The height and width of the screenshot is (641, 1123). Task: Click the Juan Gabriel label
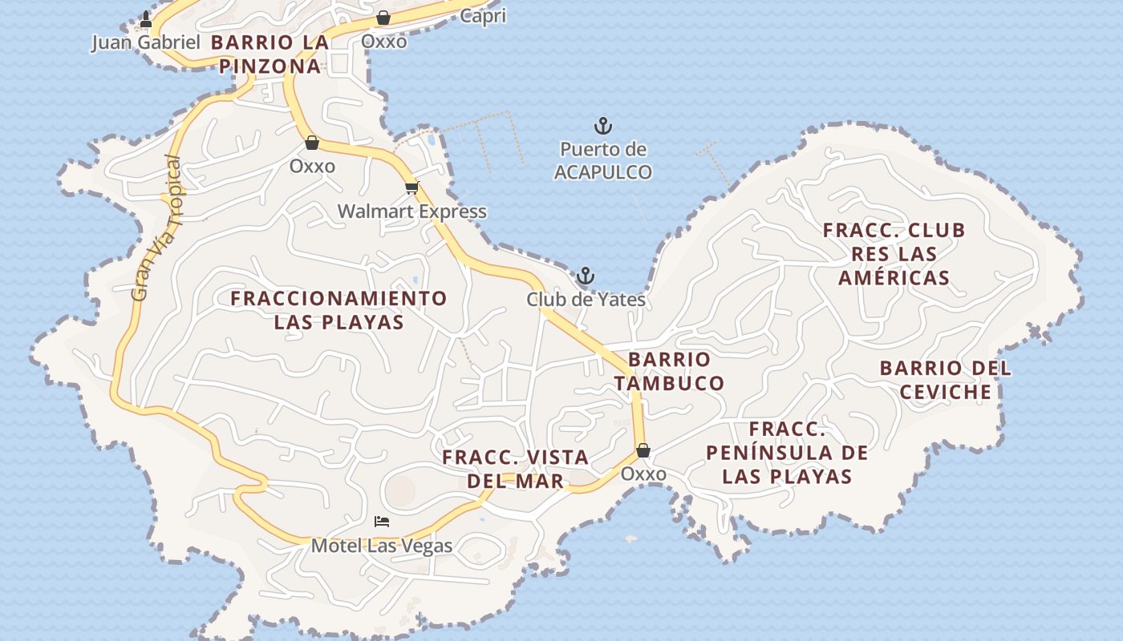point(145,42)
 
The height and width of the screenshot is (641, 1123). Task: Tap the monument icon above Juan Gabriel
point(146,18)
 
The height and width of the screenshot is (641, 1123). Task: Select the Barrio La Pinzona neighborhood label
point(270,54)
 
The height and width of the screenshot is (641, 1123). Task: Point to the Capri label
point(483,16)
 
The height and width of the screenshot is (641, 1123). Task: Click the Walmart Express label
point(411,212)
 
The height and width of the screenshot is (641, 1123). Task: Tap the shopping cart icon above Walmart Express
point(411,188)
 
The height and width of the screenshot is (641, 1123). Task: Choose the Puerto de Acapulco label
point(602,161)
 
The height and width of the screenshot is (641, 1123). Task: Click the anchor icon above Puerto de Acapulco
point(602,126)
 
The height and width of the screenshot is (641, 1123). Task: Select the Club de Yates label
point(586,300)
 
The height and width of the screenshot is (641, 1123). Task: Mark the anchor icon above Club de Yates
point(586,277)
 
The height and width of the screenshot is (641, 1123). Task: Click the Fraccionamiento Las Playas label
point(339,310)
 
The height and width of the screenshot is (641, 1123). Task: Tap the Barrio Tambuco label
point(669,371)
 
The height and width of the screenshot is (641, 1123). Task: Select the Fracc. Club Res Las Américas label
point(894,254)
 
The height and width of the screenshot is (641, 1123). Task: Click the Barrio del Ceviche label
point(945,380)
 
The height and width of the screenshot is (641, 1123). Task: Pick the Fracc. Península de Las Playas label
point(786,453)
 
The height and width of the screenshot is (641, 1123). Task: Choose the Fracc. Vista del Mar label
point(516,469)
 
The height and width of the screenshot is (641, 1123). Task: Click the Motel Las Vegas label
point(382,546)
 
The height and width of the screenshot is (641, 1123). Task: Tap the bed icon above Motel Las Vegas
point(382,522)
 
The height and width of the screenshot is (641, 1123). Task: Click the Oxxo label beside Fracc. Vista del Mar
point(643,474)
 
